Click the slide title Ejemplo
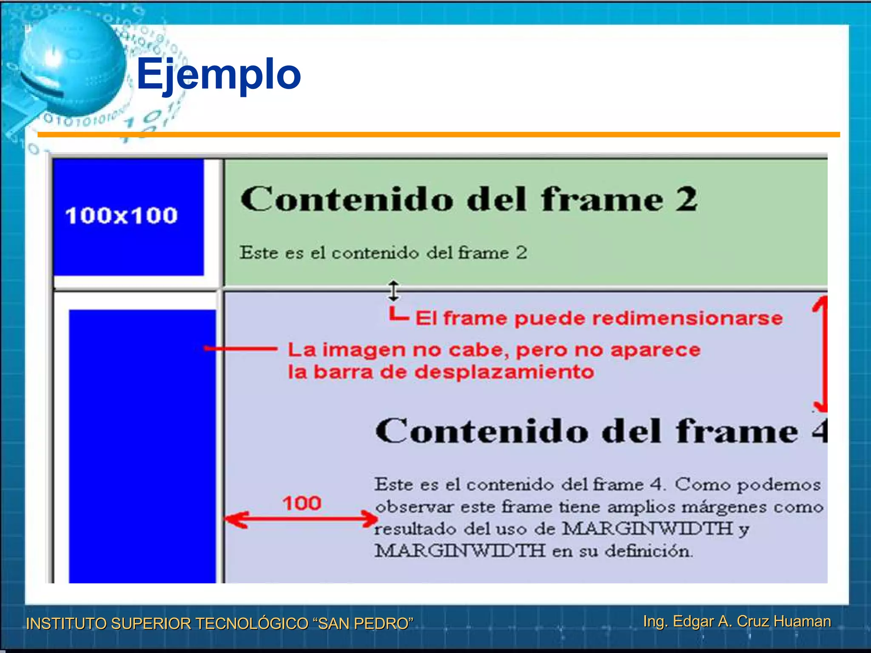pos(219,74)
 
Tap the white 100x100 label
pos(122,215)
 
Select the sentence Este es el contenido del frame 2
pos(383,253)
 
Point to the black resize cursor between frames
pos(394,291)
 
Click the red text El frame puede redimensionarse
pos(599,318)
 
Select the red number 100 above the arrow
pos(302,503)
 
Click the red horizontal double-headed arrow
pos(301,519)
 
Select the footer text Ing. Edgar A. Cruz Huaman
pos(737,621)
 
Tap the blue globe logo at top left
pos(71,64)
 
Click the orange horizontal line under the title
pos(438,134)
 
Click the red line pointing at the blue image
pos(240,349)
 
